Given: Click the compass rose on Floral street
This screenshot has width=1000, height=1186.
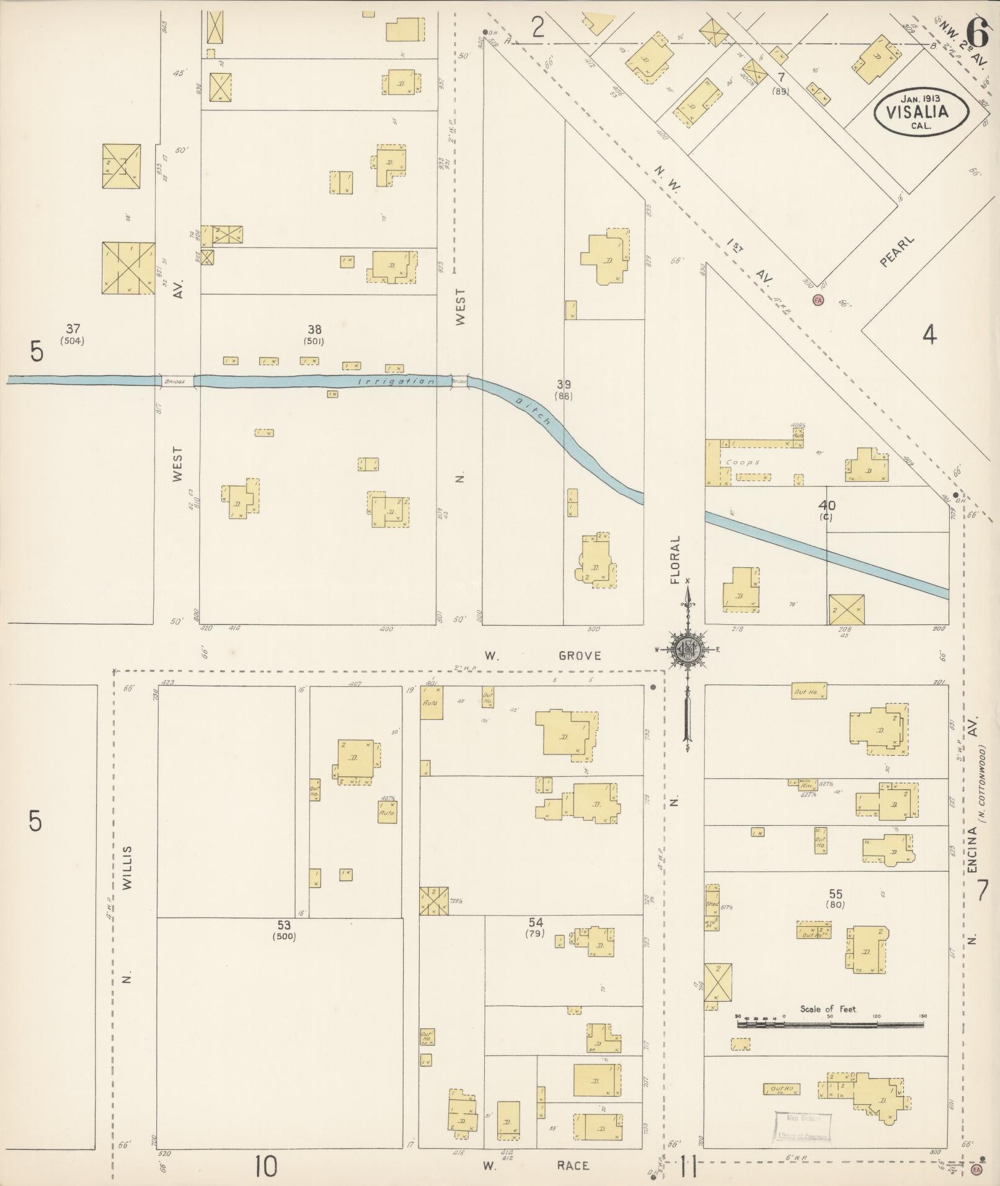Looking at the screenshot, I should coord(687,649).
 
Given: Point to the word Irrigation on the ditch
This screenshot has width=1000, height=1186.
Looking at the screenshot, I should coord(397,381).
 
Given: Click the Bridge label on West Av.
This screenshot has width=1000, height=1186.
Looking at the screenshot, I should coord(175,381).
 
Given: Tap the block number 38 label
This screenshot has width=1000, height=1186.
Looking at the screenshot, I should coord(314,330).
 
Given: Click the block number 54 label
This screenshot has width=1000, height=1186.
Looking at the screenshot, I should coord(536,923).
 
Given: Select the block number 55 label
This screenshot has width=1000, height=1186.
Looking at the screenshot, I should coord(835,893).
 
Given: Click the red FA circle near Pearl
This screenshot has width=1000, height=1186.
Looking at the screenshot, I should coord(818,300).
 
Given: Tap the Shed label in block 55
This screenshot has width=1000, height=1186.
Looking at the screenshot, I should coord(711,904).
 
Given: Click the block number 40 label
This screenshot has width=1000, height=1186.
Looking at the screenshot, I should coord(826,505).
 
